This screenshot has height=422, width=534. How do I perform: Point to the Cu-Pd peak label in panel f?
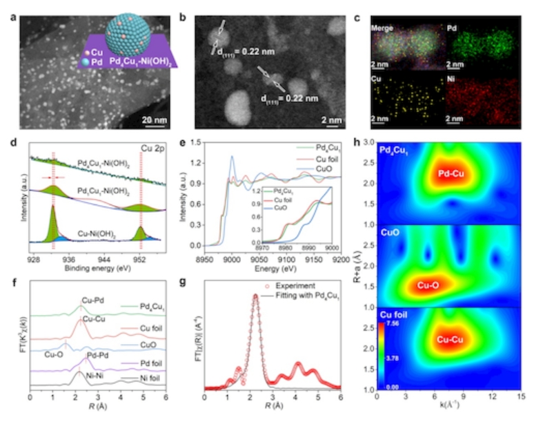(x=92, y=301)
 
